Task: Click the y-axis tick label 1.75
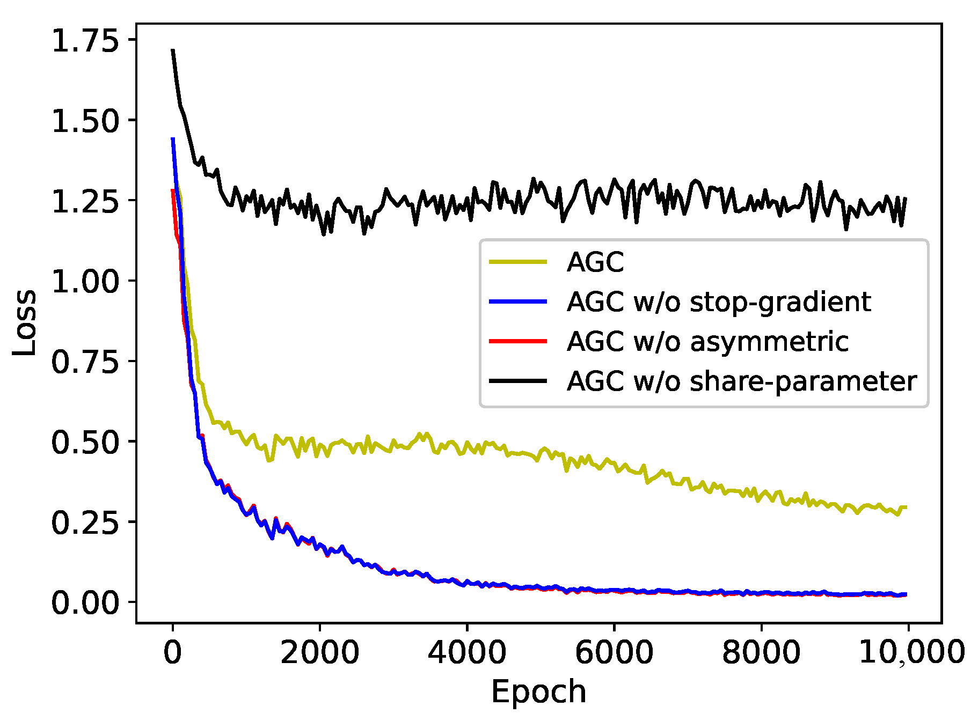click(84, 41)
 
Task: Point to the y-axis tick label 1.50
click(84, 121)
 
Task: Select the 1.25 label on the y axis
click(84, 201)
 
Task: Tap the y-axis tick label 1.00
click(84, 281)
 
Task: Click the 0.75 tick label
click(84, 362)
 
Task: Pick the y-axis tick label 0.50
click(84, 442)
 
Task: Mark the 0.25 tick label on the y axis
click(84, 522)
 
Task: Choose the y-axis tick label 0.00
click(84, 602)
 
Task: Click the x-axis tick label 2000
click(319, 653)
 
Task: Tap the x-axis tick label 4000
click(466, 653)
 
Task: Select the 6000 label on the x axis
click(614, 653)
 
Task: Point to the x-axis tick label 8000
click(761, 653)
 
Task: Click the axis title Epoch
click(538, 692)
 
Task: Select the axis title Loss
click(25, 322)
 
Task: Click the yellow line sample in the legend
click(518, 262)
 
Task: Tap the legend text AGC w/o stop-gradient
click(718, 301)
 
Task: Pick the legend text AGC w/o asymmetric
click(707, 341)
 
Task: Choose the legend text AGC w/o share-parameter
click(741, 381)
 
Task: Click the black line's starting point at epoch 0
click(173, 50)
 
